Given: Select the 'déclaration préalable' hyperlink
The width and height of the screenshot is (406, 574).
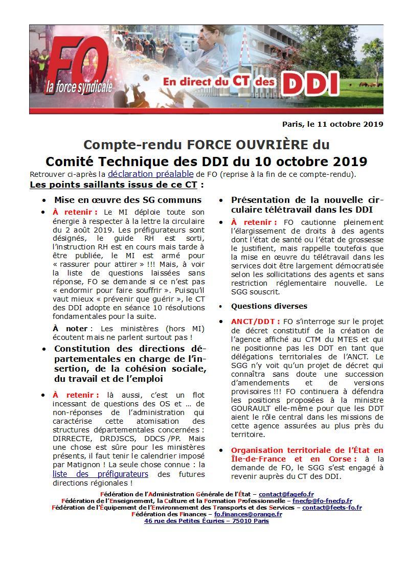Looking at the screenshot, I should click(x=151, y=174).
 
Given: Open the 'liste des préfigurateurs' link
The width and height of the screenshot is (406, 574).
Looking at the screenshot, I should click(x=100, y=474).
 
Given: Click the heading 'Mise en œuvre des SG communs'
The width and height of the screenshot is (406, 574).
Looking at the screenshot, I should click(x=128, y=200).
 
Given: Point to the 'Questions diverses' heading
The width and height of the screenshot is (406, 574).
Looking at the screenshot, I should click(x=269, y=306).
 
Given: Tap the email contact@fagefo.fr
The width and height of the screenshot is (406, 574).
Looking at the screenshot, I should click(x=286, y=494).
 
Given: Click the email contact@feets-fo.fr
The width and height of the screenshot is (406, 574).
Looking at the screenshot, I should click(x=332, y=508).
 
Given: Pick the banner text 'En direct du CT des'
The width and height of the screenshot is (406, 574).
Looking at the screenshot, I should click(x=219, y=82).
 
